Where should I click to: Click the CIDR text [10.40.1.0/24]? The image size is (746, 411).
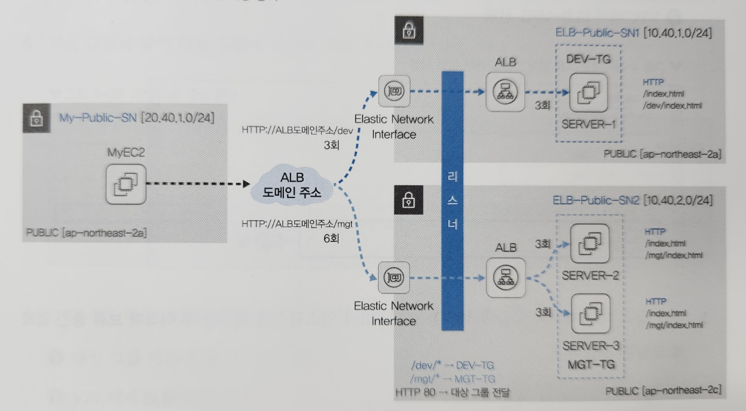tap(677, 34)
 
